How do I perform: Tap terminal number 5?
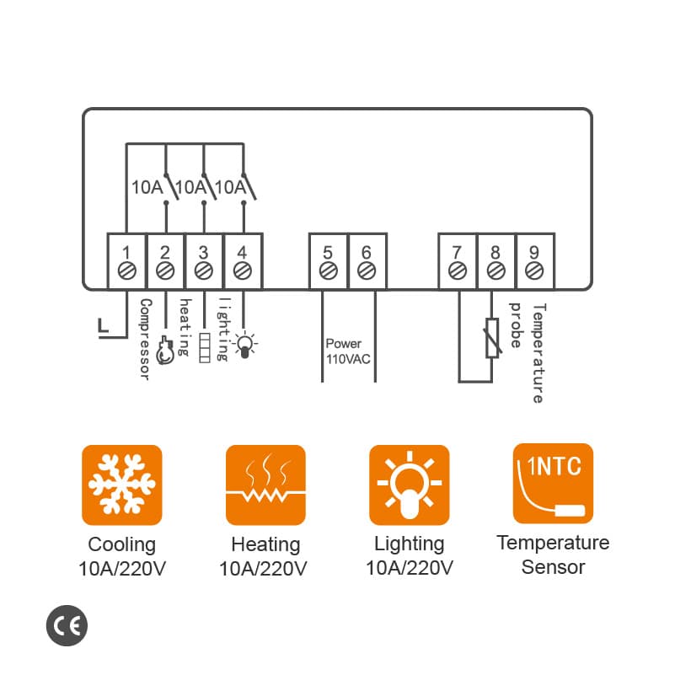tap(328, 252)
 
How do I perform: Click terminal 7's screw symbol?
tap(457, 271)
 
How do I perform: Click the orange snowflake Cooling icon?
tap(121, 485)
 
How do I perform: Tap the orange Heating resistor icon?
tap(265, 485)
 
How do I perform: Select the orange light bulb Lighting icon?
tap(410, 485)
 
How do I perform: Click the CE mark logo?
tap(67, 625)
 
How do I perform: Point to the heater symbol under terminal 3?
tap(204, 348)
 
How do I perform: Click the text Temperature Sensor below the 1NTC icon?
tap(553, 554)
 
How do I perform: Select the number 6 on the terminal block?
tap(366, 252)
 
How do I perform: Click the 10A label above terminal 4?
tap(230, 187)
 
